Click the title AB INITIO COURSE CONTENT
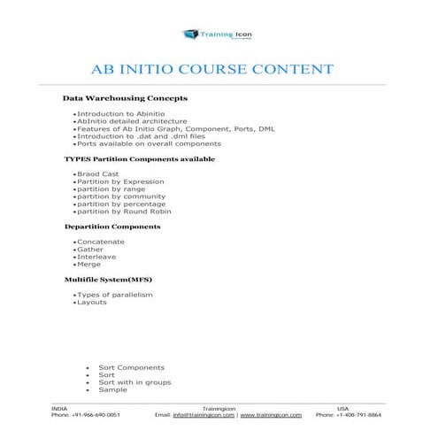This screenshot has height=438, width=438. click(212, 69)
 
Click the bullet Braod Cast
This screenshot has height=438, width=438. click(96, 175)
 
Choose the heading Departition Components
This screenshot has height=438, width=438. click(112, 227)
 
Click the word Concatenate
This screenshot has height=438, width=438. click(101, 242)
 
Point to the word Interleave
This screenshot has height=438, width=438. click(96, 257)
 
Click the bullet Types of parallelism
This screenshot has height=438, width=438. click(115, 295)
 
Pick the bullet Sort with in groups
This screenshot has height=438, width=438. click(134, 382)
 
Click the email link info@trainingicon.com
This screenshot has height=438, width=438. click(204, 414)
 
